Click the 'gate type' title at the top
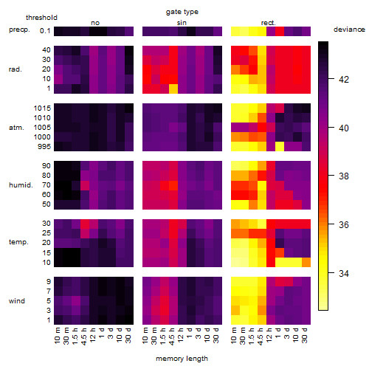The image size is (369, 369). click(182, 12)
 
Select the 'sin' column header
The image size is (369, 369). click(182, 23)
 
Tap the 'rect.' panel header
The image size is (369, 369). click(269, 23)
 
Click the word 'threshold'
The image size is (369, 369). click(41, 18)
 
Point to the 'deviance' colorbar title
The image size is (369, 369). click(349, 30)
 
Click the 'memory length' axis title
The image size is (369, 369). click(182, 359)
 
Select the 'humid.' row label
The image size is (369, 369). click(21, 185)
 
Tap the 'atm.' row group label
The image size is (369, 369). click(16, 128)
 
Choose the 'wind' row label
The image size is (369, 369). click(17, 301)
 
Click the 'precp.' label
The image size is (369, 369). click(19, 30)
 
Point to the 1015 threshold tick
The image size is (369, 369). click(42, 108)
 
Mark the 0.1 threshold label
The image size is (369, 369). click(45, 31)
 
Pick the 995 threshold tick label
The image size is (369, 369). click(44, 147)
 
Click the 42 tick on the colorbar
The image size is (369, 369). click(344, 80)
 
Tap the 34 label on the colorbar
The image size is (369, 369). click(344, 273)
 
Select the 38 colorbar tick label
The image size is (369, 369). click(344, 176)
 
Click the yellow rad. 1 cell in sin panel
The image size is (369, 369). click(173, 89)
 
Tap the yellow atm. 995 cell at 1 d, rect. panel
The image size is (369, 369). click(280, 147)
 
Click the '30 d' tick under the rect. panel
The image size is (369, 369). click(305, 335)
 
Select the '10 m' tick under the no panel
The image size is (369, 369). click(57, 336)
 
